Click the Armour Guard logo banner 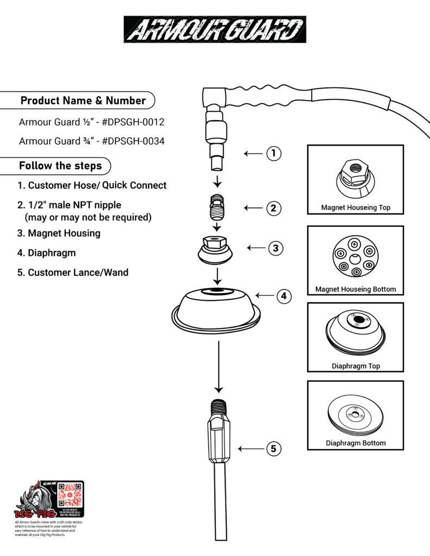tap(215, 29)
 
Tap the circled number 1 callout tap(273, 154)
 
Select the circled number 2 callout tap(273, 207)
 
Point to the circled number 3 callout tap(276, 248)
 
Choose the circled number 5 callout tap(273, 448)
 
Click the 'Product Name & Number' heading tap(83, 100)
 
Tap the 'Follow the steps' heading tap(60, 166)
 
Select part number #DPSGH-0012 tap(133, 122)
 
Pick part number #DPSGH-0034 tap(133, 141)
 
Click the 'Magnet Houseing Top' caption tap(356, 207)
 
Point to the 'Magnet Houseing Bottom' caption tap(356, 289)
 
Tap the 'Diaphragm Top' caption tap(356, 366)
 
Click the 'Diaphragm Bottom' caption tap(356, 443)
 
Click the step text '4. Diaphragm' tap(46, 253)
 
